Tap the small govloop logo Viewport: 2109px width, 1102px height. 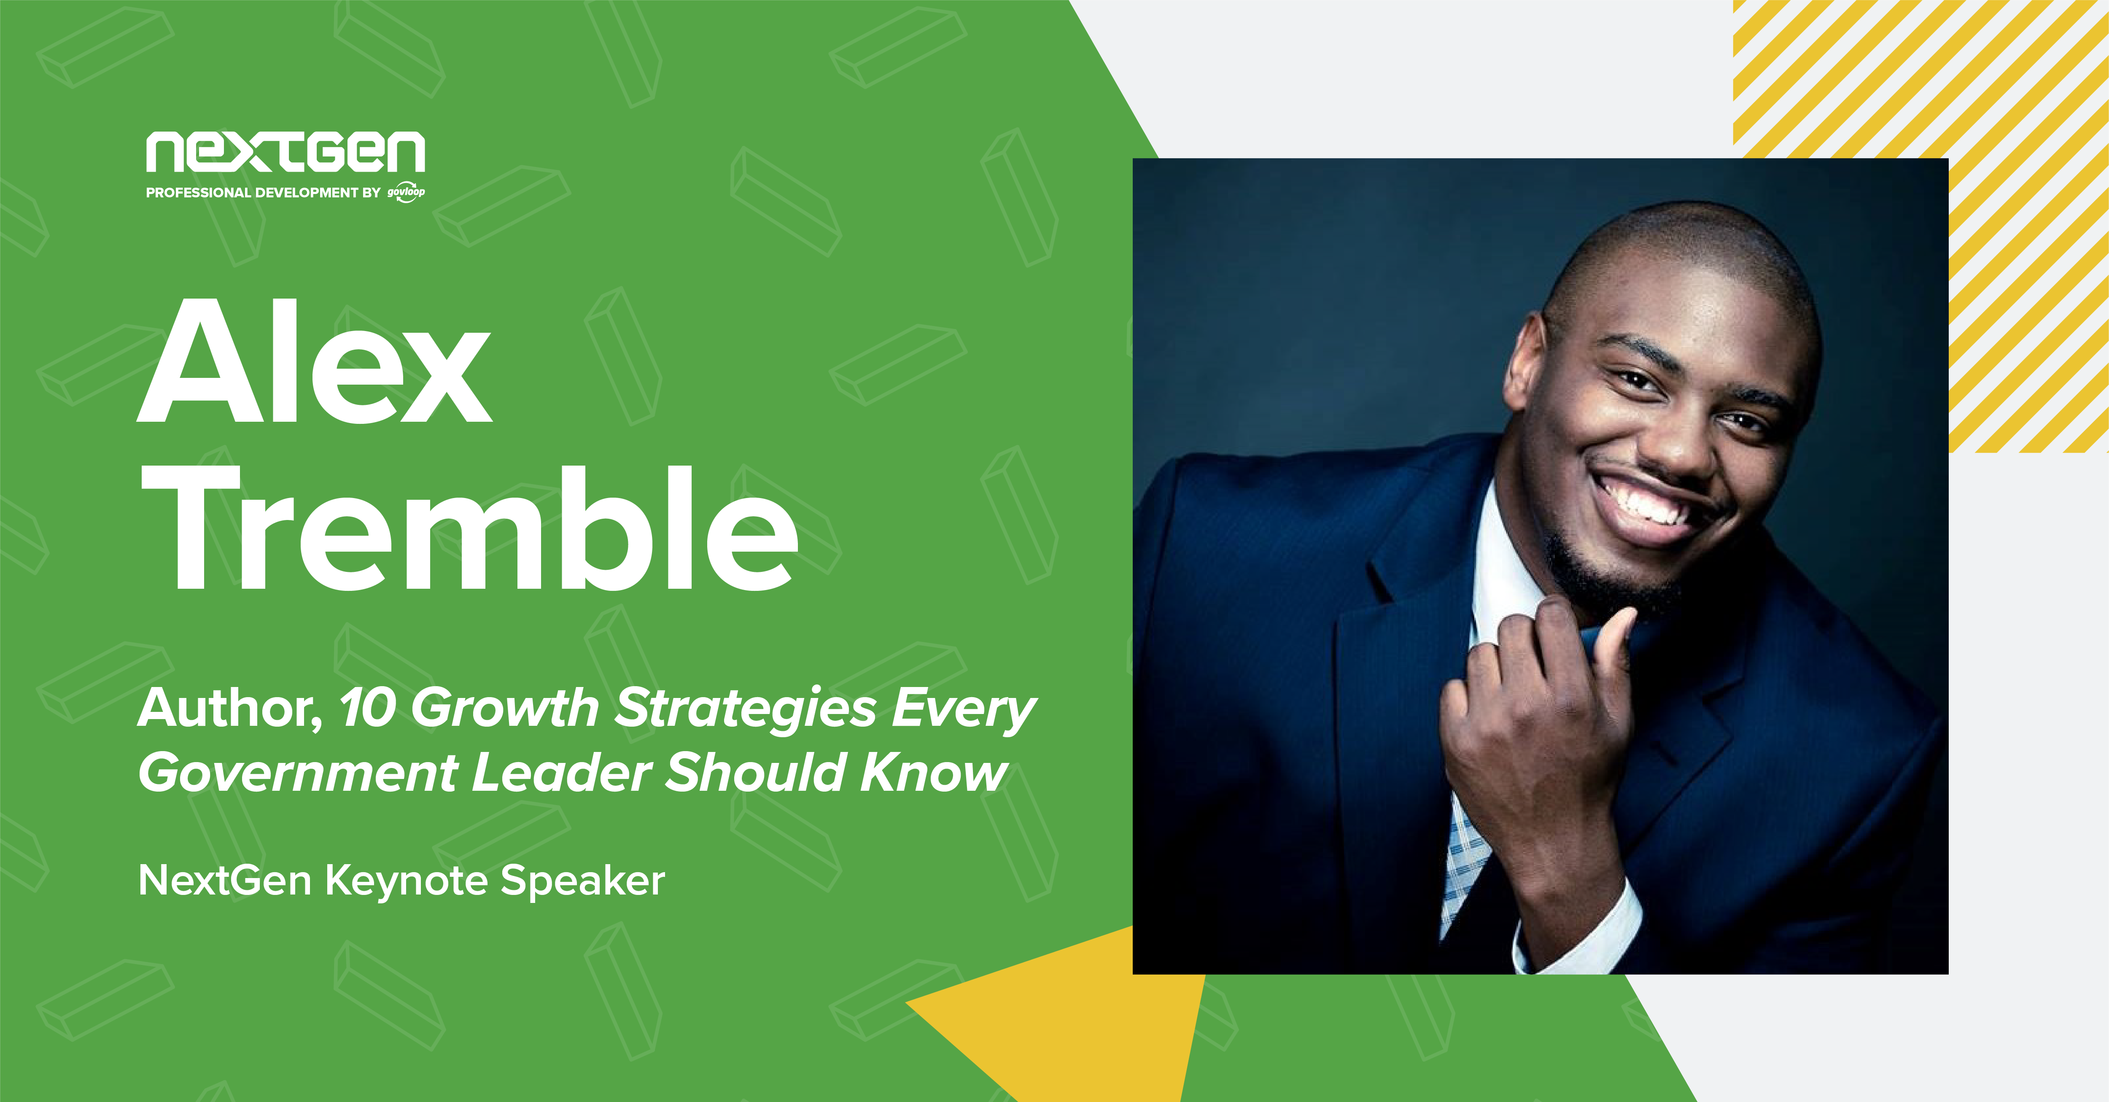click(x=406, y=192)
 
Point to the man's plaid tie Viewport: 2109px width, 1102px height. click(x=1465, y=868)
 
